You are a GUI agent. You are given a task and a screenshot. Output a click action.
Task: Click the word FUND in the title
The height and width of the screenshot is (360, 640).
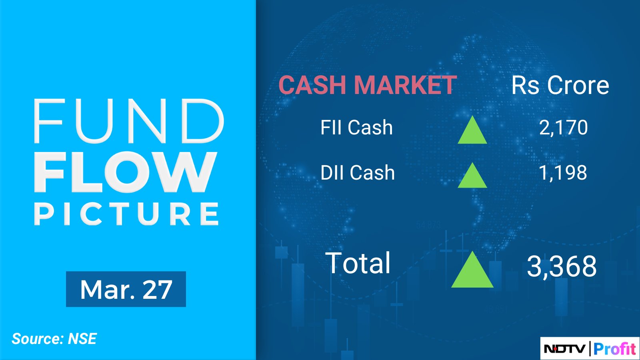coord(129,121)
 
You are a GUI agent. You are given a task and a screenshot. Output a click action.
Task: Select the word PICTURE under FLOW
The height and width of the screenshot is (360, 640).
coord(127,214)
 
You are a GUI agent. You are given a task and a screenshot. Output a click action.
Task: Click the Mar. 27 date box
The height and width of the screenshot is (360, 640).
coord(126,289)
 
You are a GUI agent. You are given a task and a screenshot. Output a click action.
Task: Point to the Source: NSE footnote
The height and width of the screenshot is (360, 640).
coord(54,339)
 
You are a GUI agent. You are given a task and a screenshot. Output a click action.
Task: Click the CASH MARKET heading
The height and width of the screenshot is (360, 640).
coord(368,85)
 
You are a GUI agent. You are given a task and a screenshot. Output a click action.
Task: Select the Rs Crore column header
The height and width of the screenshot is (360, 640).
coord(560,85)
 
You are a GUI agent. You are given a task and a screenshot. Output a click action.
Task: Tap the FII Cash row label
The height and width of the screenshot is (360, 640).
coord(356,128)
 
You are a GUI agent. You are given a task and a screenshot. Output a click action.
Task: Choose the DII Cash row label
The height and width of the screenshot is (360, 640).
coord(358,172)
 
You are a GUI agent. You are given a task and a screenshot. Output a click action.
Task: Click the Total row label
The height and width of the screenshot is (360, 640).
coord(358,263)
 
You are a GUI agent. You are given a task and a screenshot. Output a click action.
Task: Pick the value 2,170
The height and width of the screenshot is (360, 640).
coord(564,128)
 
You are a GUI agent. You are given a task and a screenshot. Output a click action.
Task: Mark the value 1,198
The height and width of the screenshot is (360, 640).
coord(563,172)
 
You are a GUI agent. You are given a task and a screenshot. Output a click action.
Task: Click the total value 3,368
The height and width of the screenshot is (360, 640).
coord(562,266)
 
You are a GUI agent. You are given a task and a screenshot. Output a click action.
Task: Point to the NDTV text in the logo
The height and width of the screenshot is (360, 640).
coord(564,349)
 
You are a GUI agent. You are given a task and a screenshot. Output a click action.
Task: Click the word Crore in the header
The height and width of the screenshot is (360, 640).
coord(578,85)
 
